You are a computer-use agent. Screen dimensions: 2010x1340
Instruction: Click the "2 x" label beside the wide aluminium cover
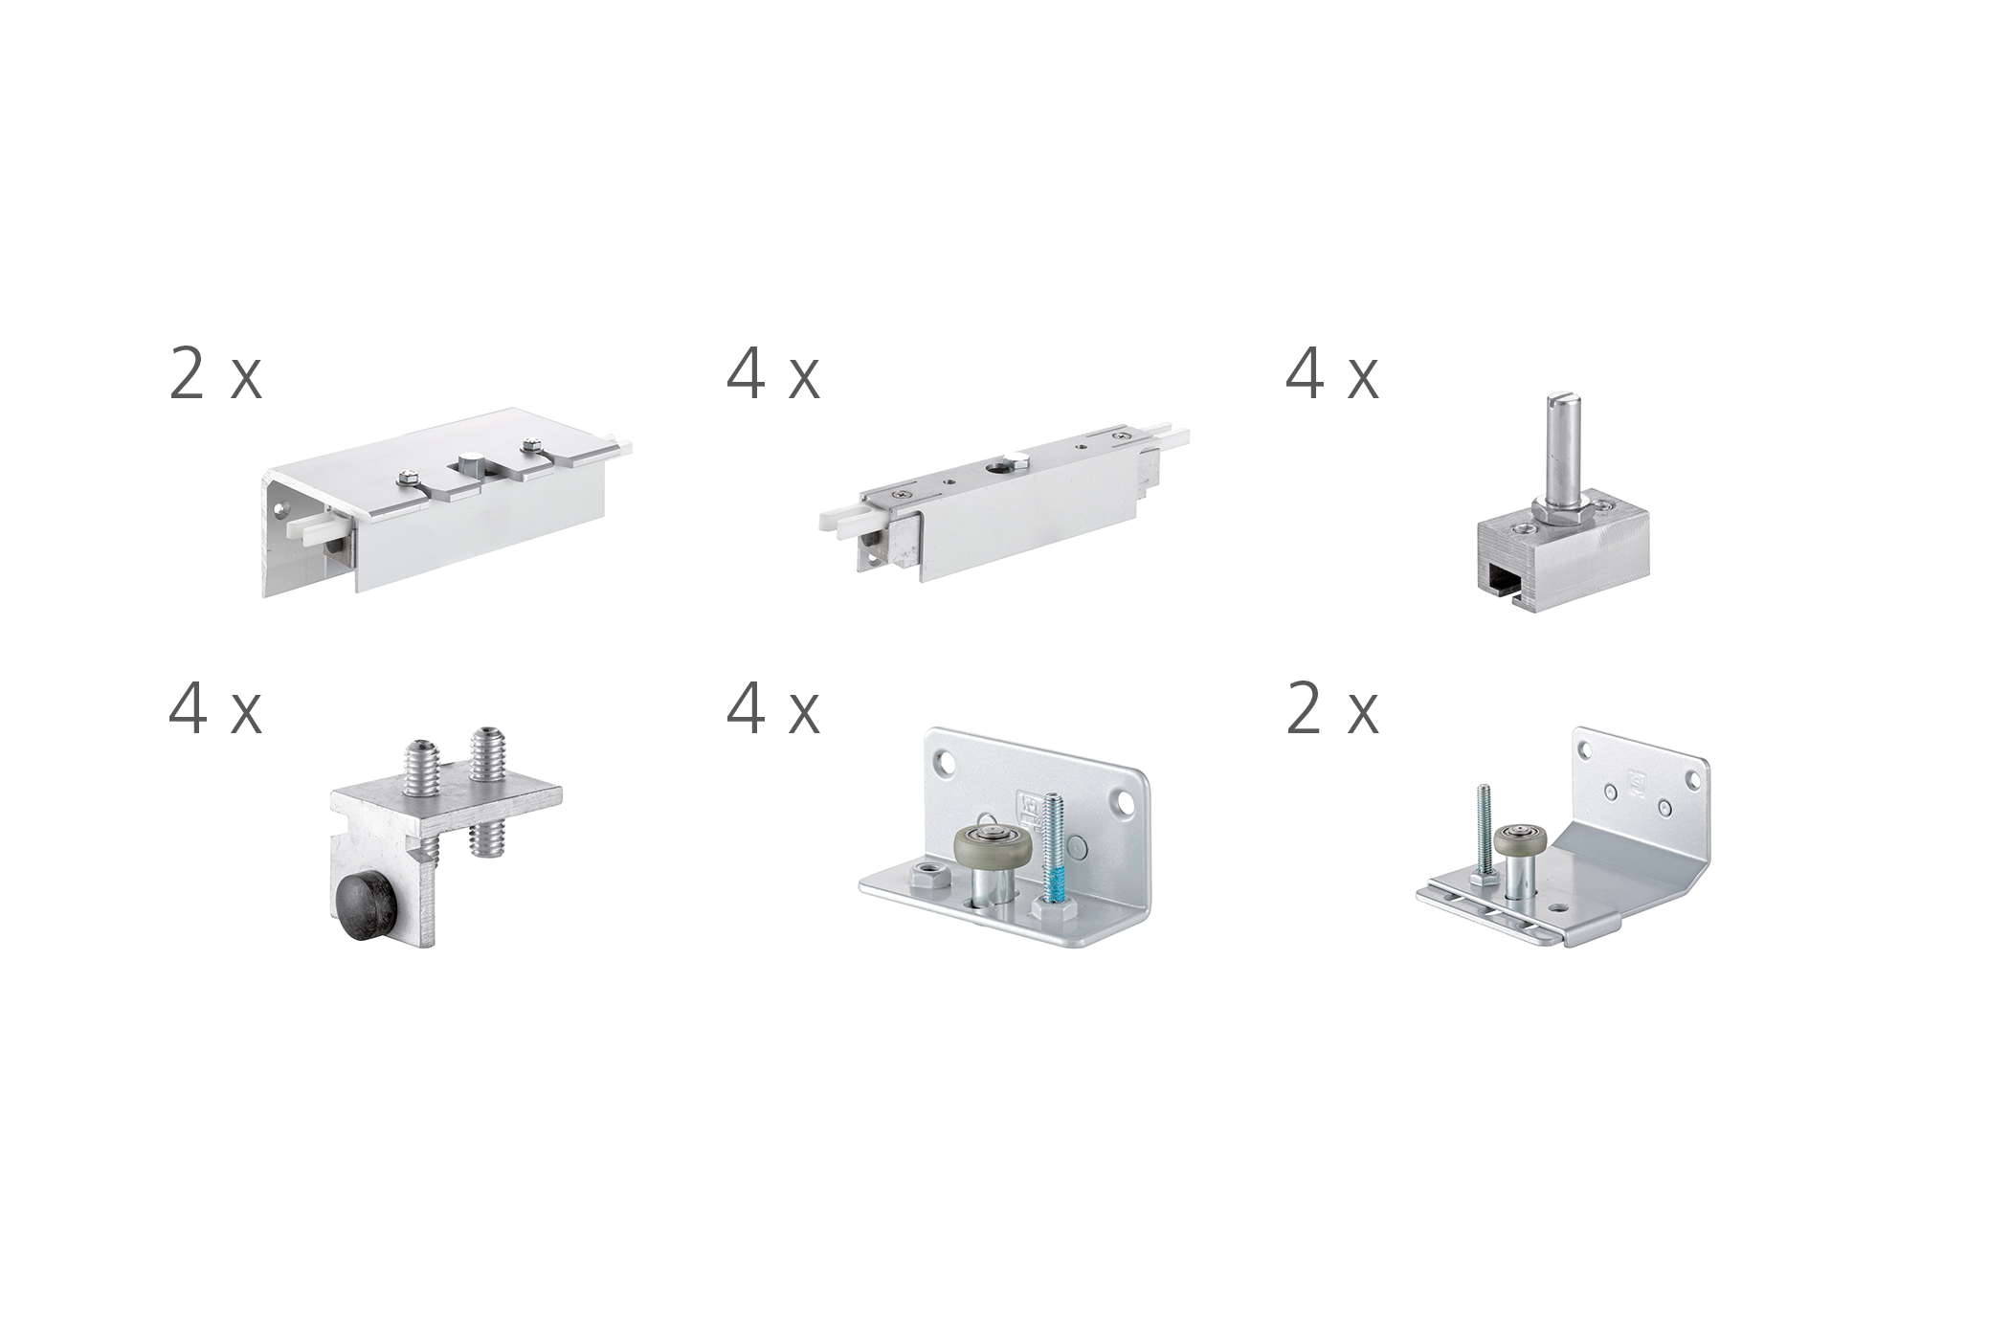215,374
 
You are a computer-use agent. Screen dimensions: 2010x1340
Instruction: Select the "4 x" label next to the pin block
1331,374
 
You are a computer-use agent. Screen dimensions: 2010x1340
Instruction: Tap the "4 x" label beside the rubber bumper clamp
215,709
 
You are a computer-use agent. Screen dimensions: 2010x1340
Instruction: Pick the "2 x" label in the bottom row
1331,709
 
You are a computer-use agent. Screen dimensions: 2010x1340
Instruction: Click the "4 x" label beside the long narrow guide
772,374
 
